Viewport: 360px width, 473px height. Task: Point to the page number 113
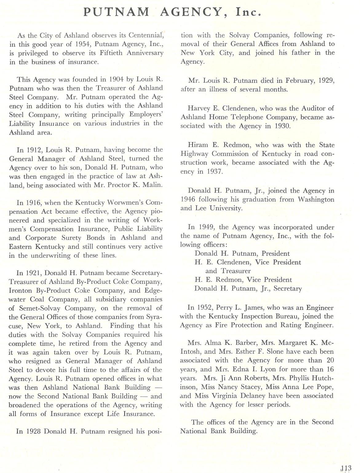pyautogui.click(x=346, y=468)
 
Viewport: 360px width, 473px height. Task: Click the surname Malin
pyautogui.click(x=152, y=185)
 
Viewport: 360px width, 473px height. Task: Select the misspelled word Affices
pyautogui.click(x=269, y=44)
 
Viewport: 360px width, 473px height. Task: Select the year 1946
pyautogui.click(x=188, y=199)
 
